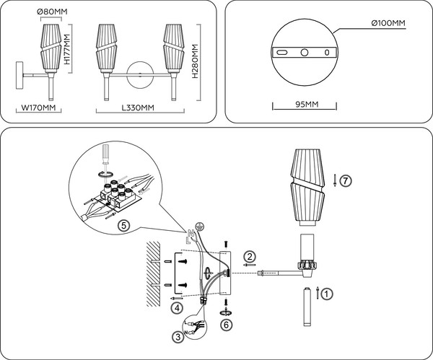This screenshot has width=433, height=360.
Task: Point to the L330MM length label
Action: [x=136, y=108]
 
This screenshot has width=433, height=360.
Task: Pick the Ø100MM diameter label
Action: [x=388, y=24]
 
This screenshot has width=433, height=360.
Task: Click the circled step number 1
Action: [x=327, y=294]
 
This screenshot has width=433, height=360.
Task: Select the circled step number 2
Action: [x=250, y=255]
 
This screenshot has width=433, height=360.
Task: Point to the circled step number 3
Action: [x=177, y=336]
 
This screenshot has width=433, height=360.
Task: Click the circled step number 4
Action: [x=177, y=307]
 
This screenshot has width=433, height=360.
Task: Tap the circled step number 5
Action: [x=123, y=225]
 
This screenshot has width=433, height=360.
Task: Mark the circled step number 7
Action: [x=346, y=181]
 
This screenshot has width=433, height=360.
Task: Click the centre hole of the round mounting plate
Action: [x=305, y=53]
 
